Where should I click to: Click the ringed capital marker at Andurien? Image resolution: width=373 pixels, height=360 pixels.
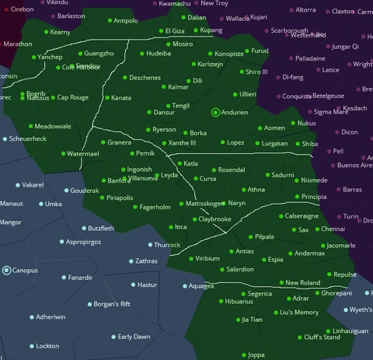tap(216, 112)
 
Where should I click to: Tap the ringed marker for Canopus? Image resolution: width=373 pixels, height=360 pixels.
tap(7, 270)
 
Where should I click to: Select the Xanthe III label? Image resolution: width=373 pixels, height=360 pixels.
tap(183, 143)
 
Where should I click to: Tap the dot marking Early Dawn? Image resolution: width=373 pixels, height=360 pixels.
tap(110, 337)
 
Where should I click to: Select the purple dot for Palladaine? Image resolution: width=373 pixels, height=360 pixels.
tap(288, 58)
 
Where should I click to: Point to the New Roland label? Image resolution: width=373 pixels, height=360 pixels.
tap(303, 283)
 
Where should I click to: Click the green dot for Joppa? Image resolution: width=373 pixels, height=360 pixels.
tap(242, 355)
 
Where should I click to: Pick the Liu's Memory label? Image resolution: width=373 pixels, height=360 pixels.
tap(299, 313)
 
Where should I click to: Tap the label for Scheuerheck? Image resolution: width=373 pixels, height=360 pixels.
tap(27, 138)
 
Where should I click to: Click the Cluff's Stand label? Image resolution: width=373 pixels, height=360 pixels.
tap(321, 337)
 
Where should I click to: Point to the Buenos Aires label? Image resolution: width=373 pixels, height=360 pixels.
tap(355, 165)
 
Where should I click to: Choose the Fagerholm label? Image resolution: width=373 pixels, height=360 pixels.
tap(155, 208)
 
